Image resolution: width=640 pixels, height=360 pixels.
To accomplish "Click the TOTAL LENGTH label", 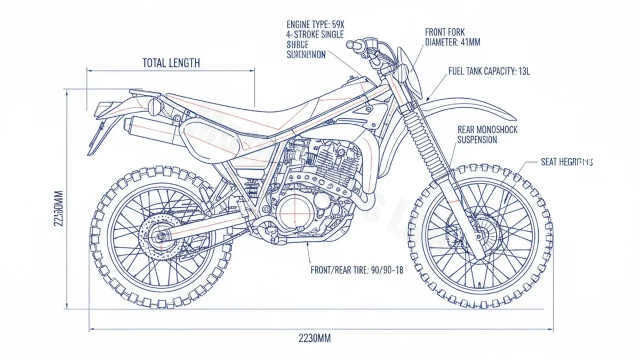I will click(x=171, y=63).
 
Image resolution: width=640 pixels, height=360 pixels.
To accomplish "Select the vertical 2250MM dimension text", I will click(x=59, y=209).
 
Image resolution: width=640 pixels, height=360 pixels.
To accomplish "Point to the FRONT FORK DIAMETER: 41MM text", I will click(x=452, y=37).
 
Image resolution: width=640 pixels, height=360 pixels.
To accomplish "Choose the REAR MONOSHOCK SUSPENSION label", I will click(x=487, y=135).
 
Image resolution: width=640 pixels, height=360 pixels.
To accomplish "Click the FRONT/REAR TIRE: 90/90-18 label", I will click(x=357, y=270).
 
